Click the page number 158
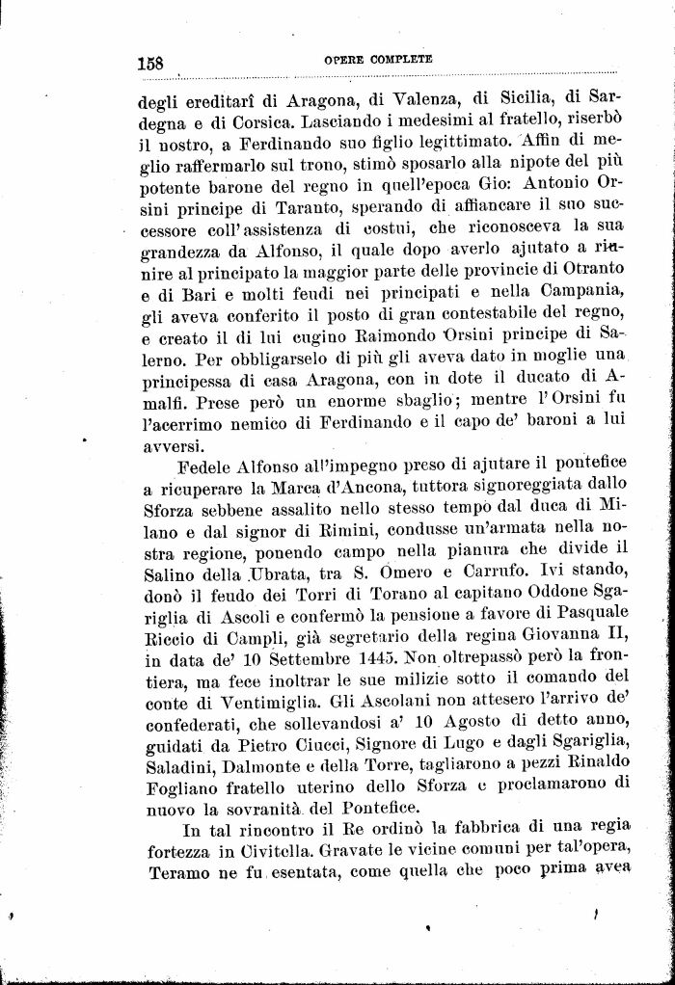point(150,63)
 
